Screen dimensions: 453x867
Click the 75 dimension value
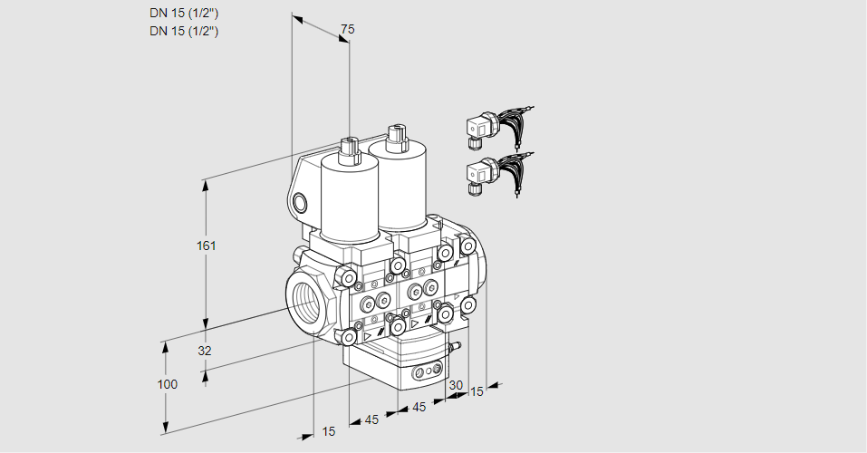[x=347, y=29]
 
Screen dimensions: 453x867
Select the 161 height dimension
[x=207, y=246]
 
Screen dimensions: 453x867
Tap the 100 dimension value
[x=167, y=384]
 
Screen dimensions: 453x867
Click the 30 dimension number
[x=456, y=385]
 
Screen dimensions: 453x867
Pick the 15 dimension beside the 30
[x=477, y=391]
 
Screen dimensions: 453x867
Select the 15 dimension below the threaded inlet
[x=328, y=431]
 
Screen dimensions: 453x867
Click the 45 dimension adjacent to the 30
[x=419, y=408]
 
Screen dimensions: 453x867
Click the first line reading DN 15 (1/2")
[x=184, y=13]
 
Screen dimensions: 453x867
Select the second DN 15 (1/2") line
[x=184, y=31]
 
